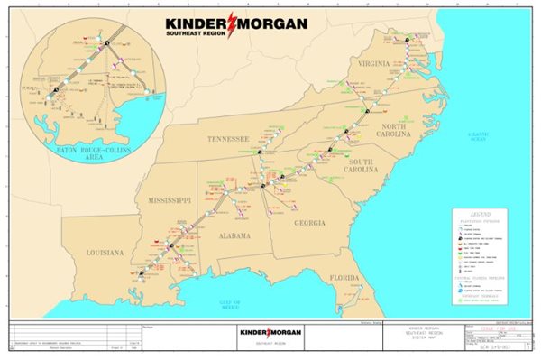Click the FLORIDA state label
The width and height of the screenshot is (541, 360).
(344, 278)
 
